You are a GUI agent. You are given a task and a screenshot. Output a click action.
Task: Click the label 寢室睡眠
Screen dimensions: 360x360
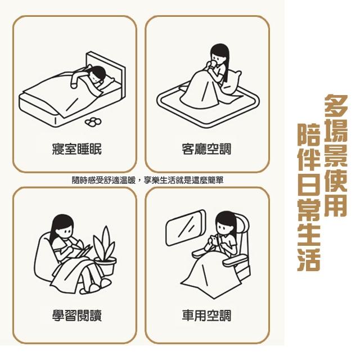point(76,150)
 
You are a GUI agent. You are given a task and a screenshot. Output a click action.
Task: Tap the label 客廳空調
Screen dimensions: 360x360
point(206,150)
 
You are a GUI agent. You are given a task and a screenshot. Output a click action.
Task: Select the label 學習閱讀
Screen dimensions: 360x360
point(76,315)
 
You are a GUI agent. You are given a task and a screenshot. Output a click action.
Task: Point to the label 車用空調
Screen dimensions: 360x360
point(206,315)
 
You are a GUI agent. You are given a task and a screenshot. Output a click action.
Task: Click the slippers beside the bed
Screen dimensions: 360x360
point(93,122)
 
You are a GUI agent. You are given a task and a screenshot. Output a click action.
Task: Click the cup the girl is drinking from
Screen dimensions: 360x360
point(213,65)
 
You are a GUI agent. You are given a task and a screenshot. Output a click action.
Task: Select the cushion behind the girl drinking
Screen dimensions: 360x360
point(232,82)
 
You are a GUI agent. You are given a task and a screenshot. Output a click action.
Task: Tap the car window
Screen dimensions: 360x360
point(186,227)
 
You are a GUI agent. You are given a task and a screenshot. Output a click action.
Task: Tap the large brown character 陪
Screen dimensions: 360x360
point(309,135)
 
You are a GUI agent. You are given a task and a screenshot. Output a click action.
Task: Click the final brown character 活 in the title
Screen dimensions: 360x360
point(309,259)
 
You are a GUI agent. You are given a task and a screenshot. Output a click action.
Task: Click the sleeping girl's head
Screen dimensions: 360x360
point(97,75)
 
